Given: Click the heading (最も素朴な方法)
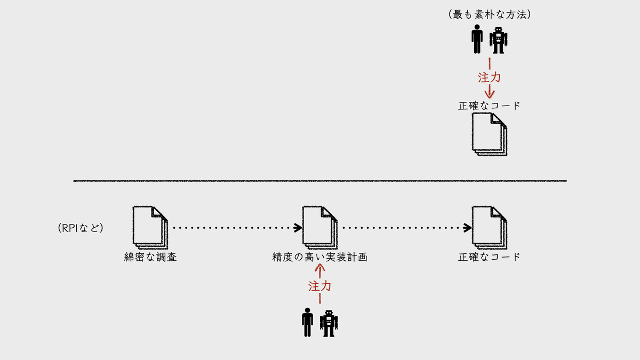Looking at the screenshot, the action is (x=490, y=14).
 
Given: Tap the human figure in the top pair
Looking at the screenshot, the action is (x=477, y=39).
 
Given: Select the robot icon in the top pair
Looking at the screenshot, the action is (x=498, y=41).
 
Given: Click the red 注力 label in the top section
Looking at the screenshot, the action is (x=490, y=77).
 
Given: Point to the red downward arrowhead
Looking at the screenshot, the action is (x=490, y=94).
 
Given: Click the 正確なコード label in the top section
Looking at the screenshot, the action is (x=489, y=106).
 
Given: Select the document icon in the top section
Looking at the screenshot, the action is (x=490, y=134).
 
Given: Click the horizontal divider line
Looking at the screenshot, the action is (x=320, y=181).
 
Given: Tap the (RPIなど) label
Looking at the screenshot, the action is (x=81, y=228).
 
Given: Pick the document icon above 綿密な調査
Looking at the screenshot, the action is (x=150, y=227).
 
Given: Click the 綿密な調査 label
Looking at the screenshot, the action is (x=150, y=257).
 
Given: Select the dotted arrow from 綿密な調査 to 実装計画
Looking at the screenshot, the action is (x=238, y=228).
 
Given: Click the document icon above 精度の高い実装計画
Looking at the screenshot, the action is (x=320, y=227).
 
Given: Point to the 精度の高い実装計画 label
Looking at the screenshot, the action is (x=319, y=257).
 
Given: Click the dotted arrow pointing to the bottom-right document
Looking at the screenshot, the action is (x=407, y=228).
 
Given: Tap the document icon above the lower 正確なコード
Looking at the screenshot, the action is (x=490, y=227).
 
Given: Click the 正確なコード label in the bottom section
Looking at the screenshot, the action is (x=489, y=257).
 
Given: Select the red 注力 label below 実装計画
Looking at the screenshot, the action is (x=319, y=286).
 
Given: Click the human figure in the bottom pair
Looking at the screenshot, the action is (x=307, y=322).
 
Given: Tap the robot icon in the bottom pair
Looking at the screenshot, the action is (x=329, y=324).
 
